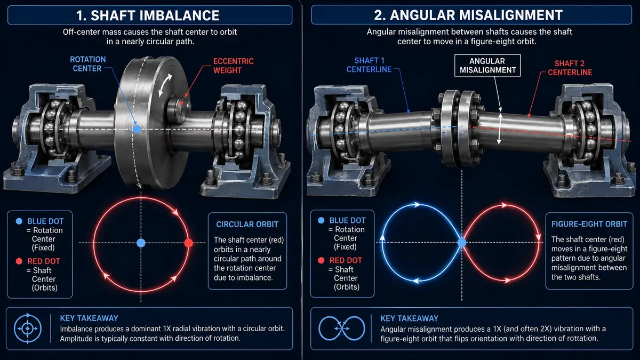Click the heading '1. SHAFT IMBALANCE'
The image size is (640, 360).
(x=148, y=15)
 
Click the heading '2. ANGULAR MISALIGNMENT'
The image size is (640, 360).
(x=468, y=15)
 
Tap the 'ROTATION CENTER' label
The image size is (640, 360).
(x=87, y=64)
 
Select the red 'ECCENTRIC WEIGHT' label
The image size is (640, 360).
(x=233, y=66)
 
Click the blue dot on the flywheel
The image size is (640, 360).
(x=137, y=129)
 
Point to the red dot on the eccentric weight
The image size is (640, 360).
(x=181, y=103)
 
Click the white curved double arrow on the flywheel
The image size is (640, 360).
(x=165, y=85)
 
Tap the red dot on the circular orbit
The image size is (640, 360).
(x=189, y=243)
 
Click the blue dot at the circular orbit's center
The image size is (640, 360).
(x=141, y=243)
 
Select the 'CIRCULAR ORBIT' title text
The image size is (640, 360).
(x=247, y=225)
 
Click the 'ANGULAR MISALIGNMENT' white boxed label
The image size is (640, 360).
(x=487, y=66)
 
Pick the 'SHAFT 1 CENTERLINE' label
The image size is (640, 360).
(x=369, y=65)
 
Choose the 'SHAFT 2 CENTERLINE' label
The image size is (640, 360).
(x=570, y=68)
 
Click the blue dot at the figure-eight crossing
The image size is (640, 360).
(x=462, y=243)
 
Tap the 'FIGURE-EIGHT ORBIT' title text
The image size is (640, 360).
(x=589, y=224)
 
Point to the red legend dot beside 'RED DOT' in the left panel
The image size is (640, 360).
(x=19, y=261)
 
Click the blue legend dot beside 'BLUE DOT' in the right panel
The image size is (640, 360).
(x=321, y=220)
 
